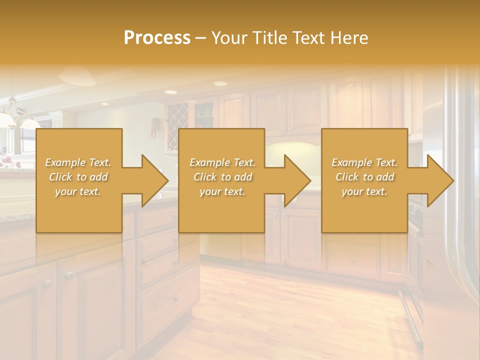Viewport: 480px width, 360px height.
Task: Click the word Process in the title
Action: pos(157,38)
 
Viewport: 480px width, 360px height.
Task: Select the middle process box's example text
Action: pos(222,177)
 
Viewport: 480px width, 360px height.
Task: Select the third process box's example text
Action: pos(364,177)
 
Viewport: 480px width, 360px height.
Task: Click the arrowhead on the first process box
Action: pos(152,180)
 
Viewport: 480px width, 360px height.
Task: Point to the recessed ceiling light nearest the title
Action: pos(220,83)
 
